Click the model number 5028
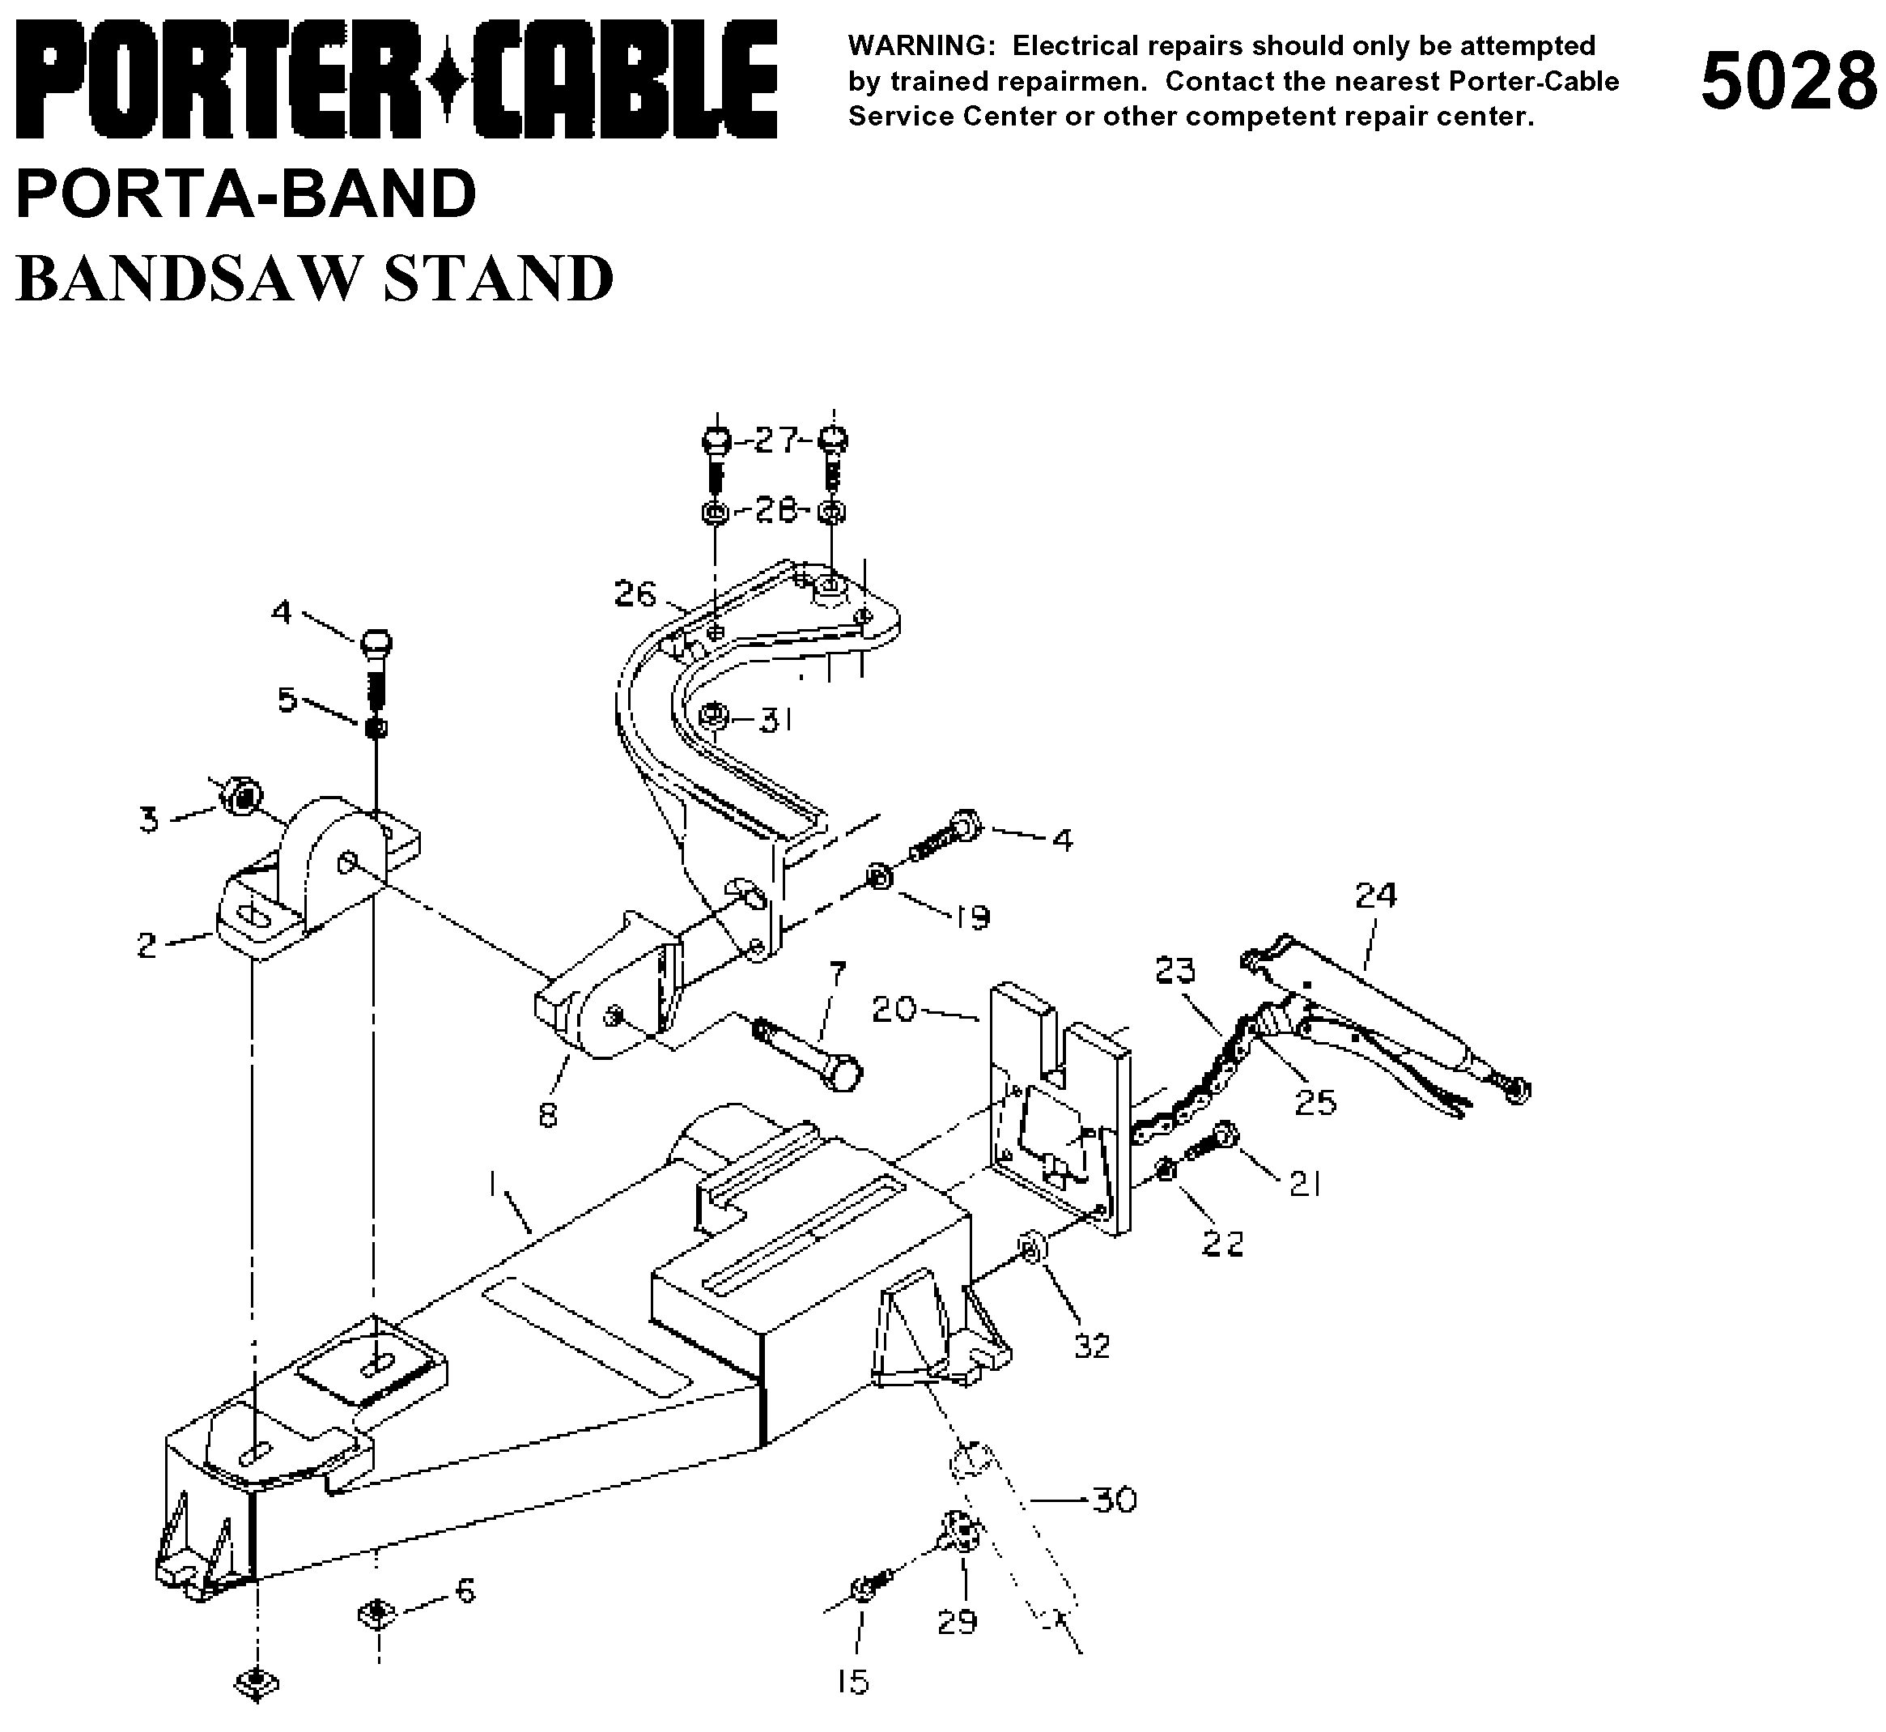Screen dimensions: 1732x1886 coord(1787,83)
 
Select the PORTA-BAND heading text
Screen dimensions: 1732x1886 coord(246,194)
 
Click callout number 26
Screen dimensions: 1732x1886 coord(635,594)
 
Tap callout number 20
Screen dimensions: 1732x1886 coord(893,1010)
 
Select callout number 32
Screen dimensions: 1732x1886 coord(1091,1346)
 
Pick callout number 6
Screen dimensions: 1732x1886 coord(465,1589)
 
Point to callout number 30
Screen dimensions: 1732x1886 coord(1115,1500)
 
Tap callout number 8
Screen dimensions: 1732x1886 coord(548,1115)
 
